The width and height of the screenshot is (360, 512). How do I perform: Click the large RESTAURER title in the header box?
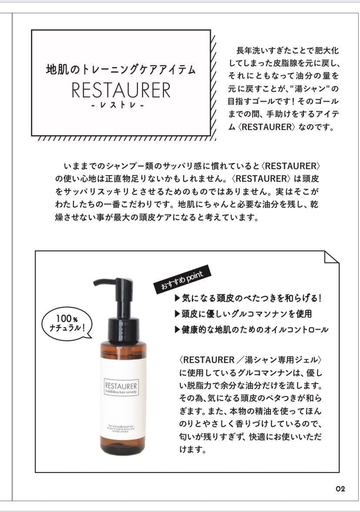click(x=121, y=90)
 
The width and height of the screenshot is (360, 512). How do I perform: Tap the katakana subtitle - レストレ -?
click(x=121, y=106)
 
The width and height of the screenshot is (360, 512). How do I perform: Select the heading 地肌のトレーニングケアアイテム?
click(x=121, y=69)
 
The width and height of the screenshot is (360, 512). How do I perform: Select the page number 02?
click(x=340, y=489)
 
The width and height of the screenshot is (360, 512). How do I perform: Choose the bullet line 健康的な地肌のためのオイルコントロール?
click(x=251, y=329)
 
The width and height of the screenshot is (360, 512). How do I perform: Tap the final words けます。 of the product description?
click(x=192, y=449)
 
